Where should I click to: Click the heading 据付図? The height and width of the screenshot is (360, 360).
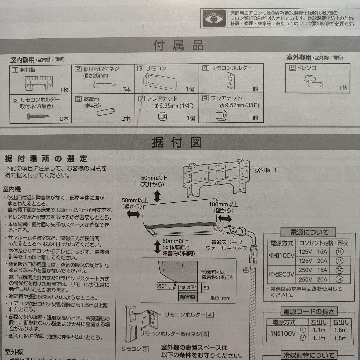[177, 143]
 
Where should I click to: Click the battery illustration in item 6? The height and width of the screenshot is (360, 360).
[106, 112]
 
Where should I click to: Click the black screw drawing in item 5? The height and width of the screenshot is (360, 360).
[38, 116]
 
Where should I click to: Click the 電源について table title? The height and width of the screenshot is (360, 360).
[309, 232]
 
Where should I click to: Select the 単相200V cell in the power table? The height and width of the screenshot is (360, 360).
[282, 275]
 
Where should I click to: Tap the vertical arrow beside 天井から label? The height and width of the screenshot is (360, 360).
[157, 197]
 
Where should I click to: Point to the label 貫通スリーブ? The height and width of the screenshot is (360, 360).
[219, 242]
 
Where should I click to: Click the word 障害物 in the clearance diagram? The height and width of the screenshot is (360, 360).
[188, 297]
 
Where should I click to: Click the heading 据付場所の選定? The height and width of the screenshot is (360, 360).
[47, 158]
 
